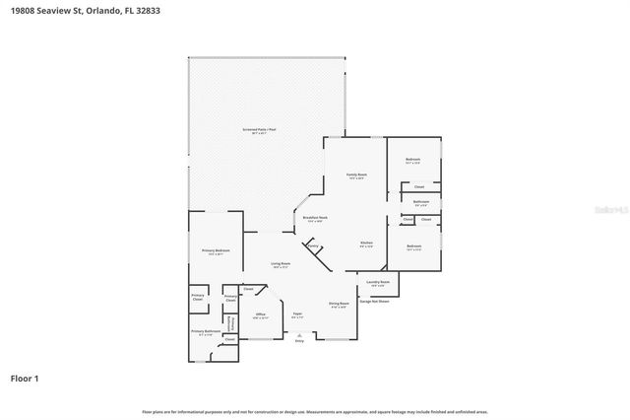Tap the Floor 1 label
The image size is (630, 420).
coord(25,378)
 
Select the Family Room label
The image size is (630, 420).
coord(355,175)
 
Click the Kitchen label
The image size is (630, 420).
coord(365,244)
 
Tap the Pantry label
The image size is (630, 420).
coord(314,246)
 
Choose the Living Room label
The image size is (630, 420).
coord(281,264)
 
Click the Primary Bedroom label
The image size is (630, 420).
coord(216,251)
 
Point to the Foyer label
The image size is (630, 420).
coord(296,315)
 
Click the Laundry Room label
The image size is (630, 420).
coord(378,283)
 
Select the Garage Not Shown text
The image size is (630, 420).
coord(374,302)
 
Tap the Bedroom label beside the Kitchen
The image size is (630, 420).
coord(413,246)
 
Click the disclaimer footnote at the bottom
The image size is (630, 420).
coord(314,411)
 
